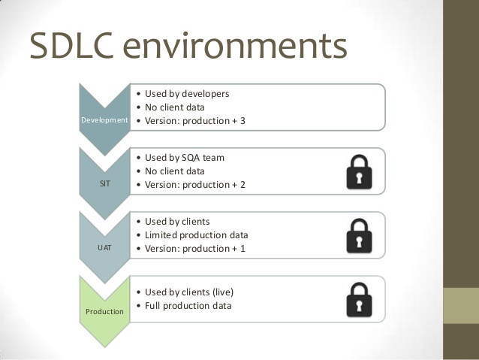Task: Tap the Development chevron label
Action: pos(104,120)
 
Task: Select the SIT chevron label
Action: pos(105,183)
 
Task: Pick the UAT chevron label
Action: pos(105,247)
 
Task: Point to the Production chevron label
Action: pos(104,310)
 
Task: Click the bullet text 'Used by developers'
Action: pos(187,94)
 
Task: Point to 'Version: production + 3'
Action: pos(194,120)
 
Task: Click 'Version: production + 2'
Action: pos(194,184)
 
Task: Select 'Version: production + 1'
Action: pos(194,248)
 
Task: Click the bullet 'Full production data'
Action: pos(188,305)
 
